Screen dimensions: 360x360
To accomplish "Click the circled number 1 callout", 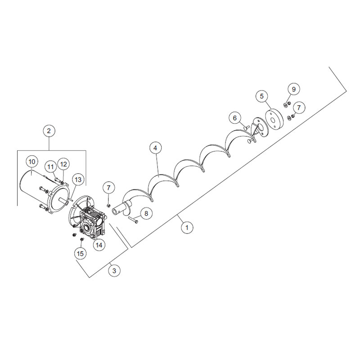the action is coord(187,228).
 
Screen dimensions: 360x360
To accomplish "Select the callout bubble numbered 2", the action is coord(49,131).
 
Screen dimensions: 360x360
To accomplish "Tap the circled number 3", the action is coord(114,271).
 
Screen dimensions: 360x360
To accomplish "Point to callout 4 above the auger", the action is coord(155,148).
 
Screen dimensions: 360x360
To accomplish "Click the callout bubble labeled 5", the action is coord(262,96).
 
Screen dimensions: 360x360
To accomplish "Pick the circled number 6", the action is coord(234,118).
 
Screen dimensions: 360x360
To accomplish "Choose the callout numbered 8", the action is coord(146,213).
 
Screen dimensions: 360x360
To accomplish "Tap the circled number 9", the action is coord(294,89).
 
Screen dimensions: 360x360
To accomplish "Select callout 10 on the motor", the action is coord(32,162).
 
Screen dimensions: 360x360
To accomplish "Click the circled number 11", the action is coord(51,166).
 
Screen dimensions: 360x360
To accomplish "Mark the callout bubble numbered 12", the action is coord(63,164).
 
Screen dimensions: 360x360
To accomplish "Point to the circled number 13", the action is coord(78,179).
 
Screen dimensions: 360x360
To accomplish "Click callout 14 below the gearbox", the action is coord(99,245).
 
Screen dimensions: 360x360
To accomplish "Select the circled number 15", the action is coord(80,253).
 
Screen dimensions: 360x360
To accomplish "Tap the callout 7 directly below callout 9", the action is coord(299,108).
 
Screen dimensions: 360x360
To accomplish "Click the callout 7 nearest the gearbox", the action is coord(108,188).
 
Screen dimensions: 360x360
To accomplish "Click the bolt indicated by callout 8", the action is coord(133,220).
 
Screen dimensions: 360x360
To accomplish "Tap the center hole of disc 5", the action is coord(273,121).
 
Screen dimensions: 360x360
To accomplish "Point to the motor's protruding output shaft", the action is coord(64,200).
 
